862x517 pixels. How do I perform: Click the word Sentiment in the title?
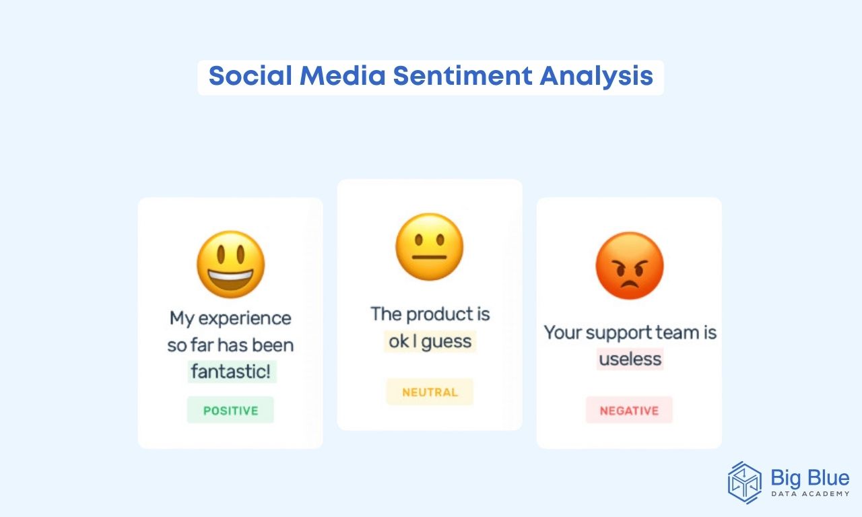point(463,76)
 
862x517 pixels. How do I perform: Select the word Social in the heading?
point(251,76)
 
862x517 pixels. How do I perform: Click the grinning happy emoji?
point(230,265)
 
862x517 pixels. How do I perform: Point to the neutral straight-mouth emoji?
point(430,246)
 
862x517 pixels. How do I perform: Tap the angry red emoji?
point(630,265)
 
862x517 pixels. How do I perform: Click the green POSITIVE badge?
point(230,410)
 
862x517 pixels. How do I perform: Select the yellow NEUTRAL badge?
point(430,392)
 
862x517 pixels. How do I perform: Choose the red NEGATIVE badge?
point(629,410)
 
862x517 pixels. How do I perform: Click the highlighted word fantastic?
point(231,371)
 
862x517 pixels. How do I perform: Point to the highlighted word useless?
point(630,359)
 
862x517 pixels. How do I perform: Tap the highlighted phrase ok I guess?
point(430,341)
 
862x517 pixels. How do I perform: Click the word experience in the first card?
point(244,318)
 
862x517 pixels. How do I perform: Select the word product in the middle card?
point(440,314)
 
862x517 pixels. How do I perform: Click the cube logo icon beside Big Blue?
point(744,483)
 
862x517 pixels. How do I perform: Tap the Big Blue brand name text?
point(809,478)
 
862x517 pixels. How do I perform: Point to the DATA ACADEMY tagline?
point(810,493)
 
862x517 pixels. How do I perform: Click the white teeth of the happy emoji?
point(230,276)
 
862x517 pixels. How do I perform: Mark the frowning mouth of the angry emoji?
point(630,285)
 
